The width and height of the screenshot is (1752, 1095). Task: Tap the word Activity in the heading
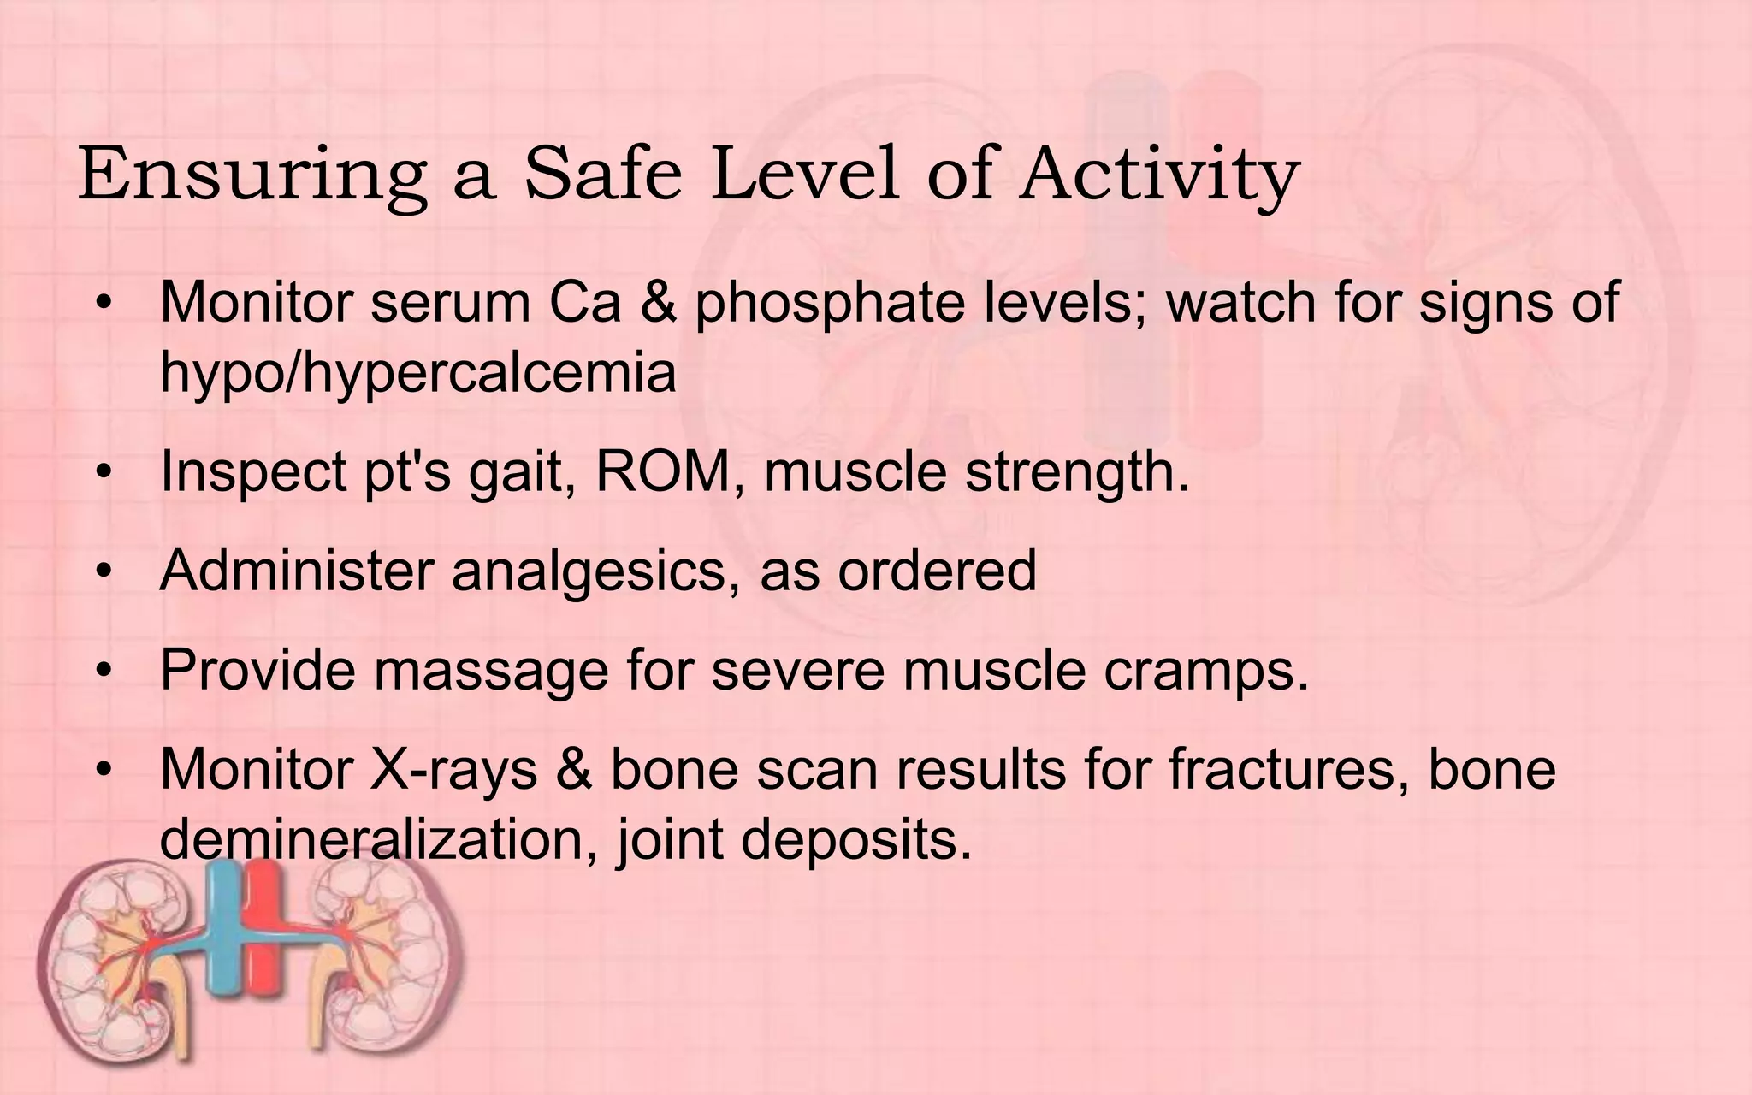1158,175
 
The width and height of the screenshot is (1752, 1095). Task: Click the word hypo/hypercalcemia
417,374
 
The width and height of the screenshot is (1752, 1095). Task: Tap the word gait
522,473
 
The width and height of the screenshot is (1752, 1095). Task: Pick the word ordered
937,570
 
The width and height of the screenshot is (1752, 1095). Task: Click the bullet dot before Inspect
104,473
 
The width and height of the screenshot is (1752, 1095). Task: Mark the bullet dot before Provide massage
104,671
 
